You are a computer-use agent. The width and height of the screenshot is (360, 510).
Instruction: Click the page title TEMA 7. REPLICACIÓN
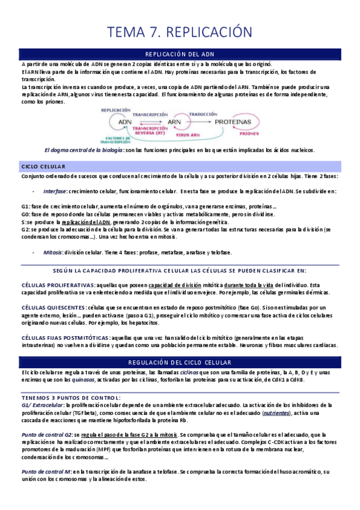point(180,32)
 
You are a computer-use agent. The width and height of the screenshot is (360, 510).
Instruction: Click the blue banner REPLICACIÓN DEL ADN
point(180,54)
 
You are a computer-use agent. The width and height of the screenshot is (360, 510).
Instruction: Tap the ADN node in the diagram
point(125,121)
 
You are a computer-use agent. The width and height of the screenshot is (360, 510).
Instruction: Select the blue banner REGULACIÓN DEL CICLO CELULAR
point(180,363)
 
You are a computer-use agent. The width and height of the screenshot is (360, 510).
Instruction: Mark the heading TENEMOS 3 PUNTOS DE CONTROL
point(70,398)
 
